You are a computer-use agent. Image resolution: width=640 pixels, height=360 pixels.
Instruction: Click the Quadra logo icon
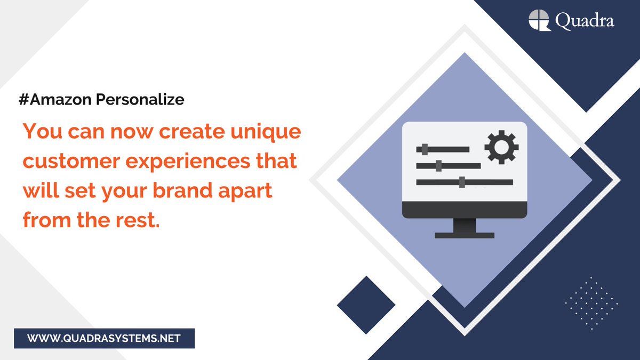click(539, 21)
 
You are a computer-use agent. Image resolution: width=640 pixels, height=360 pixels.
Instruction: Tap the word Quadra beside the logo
click(584, 21)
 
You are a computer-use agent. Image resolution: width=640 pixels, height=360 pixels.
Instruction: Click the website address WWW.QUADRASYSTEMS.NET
click(104, 338)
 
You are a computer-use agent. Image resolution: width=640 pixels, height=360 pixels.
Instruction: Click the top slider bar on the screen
click(443, 149)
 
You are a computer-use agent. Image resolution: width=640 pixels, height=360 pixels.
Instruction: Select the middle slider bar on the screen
click(448, 166)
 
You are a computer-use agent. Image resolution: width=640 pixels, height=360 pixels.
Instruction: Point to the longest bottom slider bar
click(464, 182)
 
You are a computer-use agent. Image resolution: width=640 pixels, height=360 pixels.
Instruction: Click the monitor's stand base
click(465, 234)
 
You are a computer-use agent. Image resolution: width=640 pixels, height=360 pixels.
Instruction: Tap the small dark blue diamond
click(366, 305)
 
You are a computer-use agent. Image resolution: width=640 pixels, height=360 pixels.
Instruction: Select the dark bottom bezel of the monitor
click(465, 210)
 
